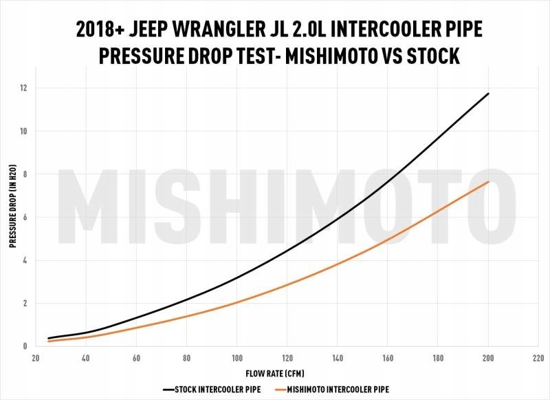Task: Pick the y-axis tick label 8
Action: pyautogui.click(x=24, y=174)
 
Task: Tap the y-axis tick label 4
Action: pyautogui.click(x=24, y=260)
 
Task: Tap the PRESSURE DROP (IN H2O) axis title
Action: pyautogui.click(x=12, y=218)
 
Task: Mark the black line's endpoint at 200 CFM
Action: pyautogui.click(x=488, y=94)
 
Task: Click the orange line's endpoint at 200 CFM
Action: pyautogui.click(x=488, y=182)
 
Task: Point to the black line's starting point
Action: pyautogui.click(x=48, y=338)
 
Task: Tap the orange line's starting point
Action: pyautogui.click(x=48, y=341)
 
